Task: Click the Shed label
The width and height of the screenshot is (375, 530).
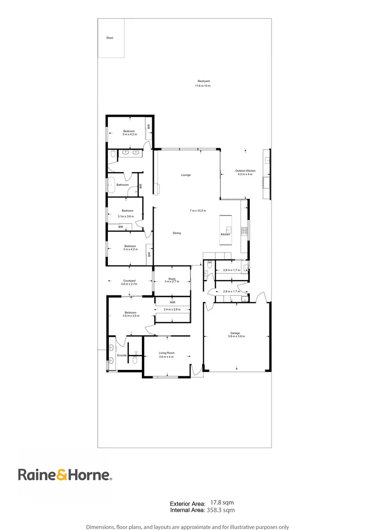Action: (109, 38)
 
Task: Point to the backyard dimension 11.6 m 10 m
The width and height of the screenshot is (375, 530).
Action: (203, 86)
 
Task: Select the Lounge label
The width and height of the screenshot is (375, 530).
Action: (186, 175)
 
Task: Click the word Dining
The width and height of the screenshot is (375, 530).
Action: (177, 233)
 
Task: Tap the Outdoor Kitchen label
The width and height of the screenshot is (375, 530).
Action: (245, 171)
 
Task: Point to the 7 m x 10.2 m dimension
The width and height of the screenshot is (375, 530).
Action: (198, 211)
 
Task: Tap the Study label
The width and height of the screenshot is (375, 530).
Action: (171, 279)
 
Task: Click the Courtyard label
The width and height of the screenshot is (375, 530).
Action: (129, 281)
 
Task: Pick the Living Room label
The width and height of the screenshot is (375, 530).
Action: (167, 353)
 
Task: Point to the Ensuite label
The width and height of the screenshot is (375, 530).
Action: (122, 355)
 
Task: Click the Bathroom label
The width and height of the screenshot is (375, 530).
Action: (122, 185)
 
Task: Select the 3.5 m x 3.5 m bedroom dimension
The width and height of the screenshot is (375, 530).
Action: (130, 317)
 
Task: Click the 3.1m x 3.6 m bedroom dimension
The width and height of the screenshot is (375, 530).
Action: (126, 216)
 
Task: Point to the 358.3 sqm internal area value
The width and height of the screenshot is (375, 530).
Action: (222, 510)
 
